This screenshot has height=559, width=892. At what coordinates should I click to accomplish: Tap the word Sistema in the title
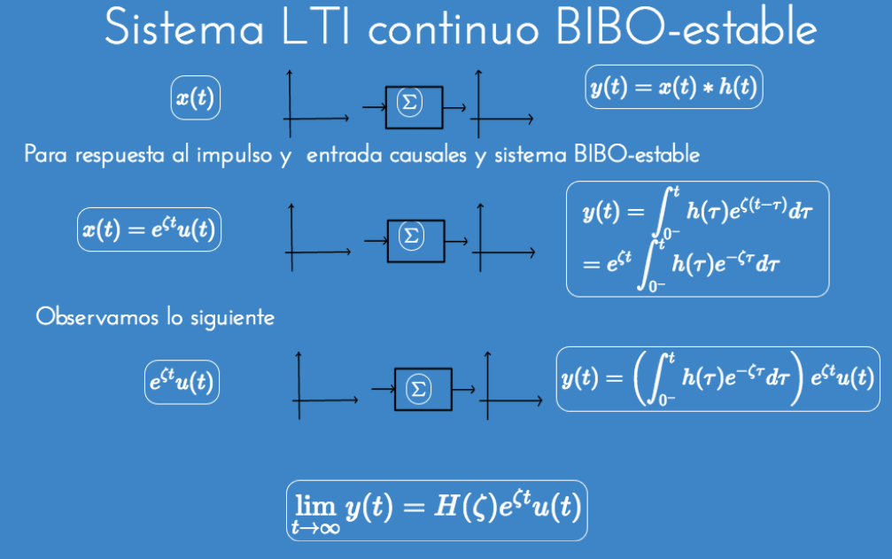click(x=184, y=29)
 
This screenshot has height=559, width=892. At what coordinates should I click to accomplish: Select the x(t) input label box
click(x=195, y=98)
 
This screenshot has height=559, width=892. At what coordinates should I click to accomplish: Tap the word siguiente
click(x=232, y=316)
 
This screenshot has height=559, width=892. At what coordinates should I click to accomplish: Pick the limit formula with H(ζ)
click(x=437, y=509)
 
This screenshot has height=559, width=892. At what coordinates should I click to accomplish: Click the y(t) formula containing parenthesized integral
click(x=717, y=378)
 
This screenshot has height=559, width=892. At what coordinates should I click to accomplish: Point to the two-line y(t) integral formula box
click(x=697, y=238)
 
